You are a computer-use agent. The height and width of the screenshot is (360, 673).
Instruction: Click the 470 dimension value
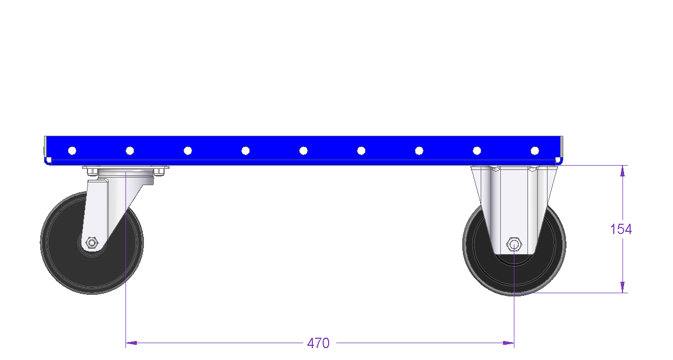(318, 343)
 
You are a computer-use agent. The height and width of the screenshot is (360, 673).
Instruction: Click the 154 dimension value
(621, 229)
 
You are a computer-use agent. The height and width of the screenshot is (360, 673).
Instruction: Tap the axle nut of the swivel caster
(92, 243)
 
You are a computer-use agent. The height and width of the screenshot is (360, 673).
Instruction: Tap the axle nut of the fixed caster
(514, 244)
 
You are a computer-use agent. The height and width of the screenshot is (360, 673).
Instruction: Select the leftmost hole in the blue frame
(72, 150)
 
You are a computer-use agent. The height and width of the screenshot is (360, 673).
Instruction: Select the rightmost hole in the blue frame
(535, 150)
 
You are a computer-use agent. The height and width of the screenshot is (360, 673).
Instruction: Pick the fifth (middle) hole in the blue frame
(304, 150)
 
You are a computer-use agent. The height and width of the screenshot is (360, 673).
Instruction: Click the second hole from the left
(130, 150)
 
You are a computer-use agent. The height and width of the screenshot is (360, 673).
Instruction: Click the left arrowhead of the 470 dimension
(131, 343)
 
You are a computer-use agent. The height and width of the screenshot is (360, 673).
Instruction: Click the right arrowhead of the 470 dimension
(508, 343)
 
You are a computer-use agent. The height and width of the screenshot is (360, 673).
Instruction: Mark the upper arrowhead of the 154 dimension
(622, 170)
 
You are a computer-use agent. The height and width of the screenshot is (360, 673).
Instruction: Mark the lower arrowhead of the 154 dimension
(622, 287)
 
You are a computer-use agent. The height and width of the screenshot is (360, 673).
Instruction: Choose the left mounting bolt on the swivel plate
(92, 172)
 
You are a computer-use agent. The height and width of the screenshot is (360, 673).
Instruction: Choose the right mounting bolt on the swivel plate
(159, 172)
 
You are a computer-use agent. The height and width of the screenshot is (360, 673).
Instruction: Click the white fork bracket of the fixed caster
(514, 207)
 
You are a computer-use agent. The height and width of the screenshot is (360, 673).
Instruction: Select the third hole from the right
(419, 150)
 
